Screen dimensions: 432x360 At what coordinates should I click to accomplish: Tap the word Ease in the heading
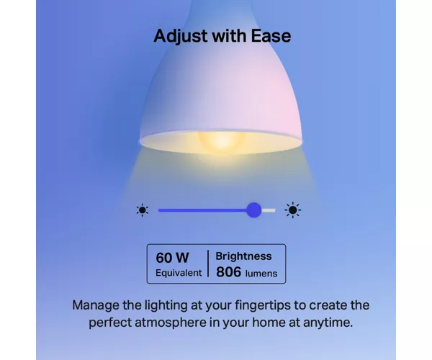271,36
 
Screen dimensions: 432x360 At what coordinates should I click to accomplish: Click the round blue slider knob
253,210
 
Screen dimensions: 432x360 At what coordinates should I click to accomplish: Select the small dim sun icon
143,210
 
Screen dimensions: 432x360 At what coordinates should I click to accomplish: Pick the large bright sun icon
292,210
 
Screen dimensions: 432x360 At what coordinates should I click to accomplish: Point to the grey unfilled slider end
268,210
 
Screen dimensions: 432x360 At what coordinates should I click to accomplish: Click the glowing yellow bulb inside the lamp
221,140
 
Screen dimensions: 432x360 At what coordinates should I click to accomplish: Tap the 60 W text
172,258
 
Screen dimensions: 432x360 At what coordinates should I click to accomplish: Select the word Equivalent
179,273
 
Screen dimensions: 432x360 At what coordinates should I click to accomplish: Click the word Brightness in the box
243,256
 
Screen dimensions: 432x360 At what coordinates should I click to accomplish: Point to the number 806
229,272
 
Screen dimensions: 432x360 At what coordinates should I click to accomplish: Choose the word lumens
261,274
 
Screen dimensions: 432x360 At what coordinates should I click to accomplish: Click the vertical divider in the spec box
208,264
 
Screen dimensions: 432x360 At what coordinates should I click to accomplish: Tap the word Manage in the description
96,305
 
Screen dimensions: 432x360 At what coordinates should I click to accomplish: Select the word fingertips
263,305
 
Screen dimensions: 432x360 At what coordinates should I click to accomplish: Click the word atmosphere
170,323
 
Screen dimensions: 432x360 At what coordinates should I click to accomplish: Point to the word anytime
328,323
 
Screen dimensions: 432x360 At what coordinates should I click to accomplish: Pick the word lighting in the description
166,305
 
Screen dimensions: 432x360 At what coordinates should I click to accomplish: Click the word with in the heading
229,36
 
